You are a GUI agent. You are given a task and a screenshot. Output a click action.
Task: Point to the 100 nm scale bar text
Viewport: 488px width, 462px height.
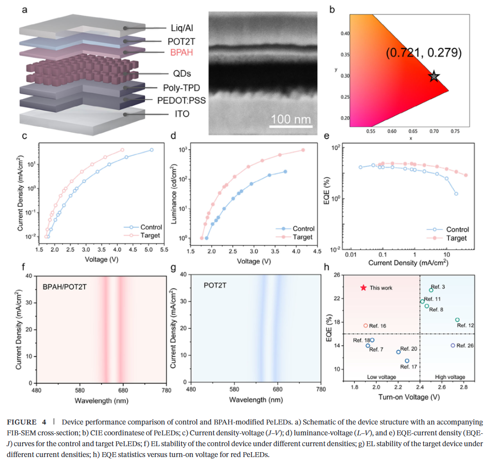(290, 119)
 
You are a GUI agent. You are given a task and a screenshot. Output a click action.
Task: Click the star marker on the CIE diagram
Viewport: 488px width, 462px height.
(434, 76)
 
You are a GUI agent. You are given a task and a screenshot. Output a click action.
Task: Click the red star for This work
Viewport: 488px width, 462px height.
(364, 287)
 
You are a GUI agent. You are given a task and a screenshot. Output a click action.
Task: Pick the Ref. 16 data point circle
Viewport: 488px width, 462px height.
(365, 325)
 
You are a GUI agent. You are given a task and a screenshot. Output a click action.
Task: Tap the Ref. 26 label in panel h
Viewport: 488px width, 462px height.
(465, 346)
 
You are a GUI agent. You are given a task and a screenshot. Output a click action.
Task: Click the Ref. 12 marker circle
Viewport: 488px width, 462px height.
(457, 320)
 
